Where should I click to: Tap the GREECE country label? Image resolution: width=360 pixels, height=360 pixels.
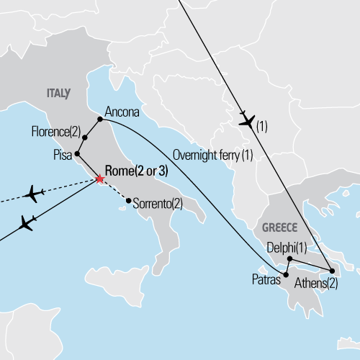[279, 225]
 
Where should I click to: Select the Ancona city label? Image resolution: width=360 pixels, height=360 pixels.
[122, 112]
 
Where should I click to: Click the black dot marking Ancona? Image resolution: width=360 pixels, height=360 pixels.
[99, 120]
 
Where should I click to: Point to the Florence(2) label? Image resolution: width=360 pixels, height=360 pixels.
[57, 132]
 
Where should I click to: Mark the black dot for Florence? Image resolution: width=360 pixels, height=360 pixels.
[85, 138]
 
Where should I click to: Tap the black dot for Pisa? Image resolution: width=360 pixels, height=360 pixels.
[77, 154]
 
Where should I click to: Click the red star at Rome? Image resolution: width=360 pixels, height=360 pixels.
[99, 179]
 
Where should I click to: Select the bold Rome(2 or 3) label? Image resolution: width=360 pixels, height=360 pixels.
[138, 171]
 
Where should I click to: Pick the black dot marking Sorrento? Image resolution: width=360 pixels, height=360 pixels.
[128, 201]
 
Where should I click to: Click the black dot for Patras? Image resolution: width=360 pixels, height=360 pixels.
[286, 274]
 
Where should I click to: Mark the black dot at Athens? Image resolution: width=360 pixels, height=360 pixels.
[331, 271]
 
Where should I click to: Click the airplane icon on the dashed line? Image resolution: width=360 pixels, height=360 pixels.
[33, 194]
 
